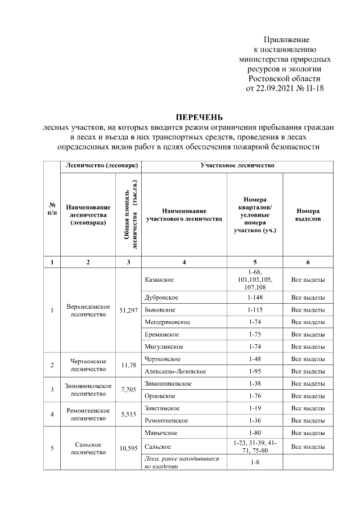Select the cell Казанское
pos(159,280)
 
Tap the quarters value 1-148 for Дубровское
pos(255,298)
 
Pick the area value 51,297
pos(129,310)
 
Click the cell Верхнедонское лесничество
pos(87,310)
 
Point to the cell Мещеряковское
pos(168,322)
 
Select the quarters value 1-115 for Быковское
pos(255,310)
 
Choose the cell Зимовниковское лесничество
pos(87,390)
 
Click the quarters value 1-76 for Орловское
pos(255,396)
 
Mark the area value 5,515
pos(129,415)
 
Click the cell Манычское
pos(161,433)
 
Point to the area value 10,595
pos(129,448)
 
